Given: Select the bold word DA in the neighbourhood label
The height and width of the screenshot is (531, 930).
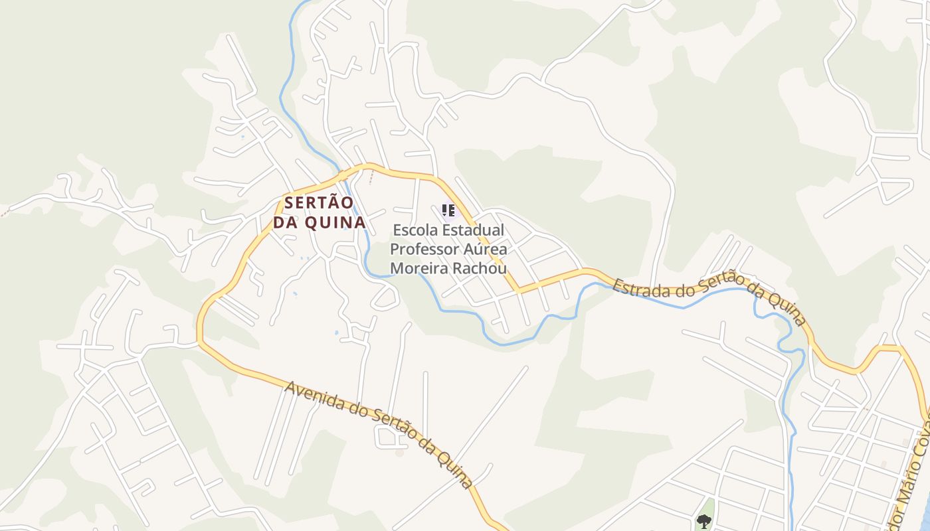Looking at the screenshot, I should [x=286, y=222].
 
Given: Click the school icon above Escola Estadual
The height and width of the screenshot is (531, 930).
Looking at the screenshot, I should [x=448, y=210].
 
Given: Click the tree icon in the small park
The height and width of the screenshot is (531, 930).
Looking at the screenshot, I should [x=703, y=521].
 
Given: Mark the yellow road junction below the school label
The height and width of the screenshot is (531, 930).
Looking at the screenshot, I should [x=517, y=291].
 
